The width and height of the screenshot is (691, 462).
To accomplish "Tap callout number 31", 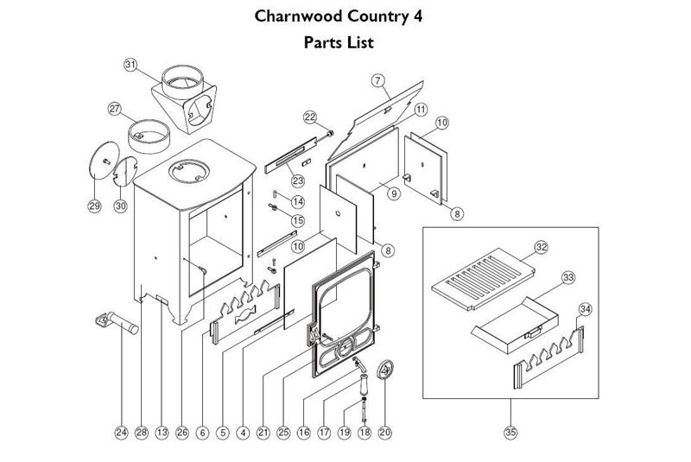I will (x=130, y=65).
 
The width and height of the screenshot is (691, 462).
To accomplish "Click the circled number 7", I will (x=377, y=80).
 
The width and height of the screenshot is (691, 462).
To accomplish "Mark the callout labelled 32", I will (x=542, y=247).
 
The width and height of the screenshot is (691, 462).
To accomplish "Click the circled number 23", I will (x=298, y=180).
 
